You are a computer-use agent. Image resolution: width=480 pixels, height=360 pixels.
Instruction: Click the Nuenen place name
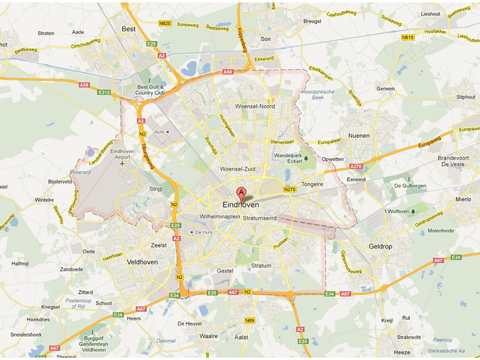point(359,136)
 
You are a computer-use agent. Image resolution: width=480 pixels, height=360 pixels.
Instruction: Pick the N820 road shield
point(166,23)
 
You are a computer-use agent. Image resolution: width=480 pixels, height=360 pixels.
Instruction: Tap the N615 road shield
point(408,37)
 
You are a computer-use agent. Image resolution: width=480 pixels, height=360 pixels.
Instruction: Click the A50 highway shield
point(227,72)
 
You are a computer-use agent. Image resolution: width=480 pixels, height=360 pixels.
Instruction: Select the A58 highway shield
point(84,85)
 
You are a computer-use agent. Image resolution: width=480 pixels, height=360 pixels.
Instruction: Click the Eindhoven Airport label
point(123,155)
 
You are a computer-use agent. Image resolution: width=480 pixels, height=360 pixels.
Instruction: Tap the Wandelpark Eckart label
point(287,158)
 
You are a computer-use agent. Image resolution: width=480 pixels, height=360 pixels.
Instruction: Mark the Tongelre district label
point(313,184)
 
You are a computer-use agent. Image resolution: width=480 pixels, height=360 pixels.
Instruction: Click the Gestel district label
point(224,271)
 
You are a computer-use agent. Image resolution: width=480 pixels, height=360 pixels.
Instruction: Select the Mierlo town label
point(463,199)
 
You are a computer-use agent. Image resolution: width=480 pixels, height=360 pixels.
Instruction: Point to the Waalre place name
point(209,336)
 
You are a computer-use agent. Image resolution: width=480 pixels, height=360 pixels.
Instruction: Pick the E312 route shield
point(105,92)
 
